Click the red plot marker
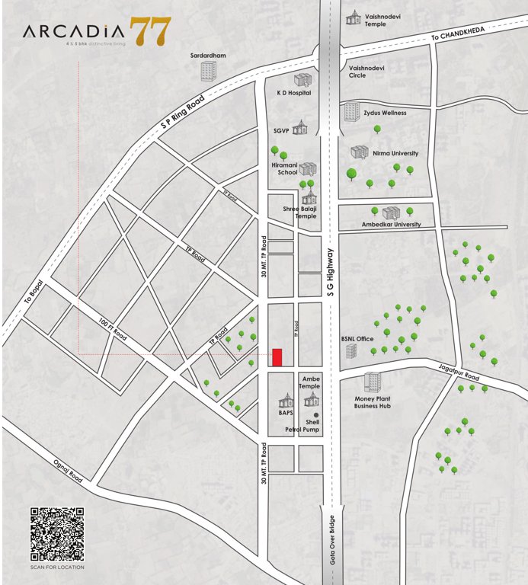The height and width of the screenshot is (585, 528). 277,357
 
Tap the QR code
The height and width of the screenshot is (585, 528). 57,534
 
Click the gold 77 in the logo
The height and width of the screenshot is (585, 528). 150,31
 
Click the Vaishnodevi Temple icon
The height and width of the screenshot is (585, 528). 354,17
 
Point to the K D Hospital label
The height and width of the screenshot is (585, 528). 293,92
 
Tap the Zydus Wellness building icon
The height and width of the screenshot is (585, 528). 351,111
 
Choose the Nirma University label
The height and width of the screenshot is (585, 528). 395,153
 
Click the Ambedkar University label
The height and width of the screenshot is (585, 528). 391,225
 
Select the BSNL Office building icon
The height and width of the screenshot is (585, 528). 351,351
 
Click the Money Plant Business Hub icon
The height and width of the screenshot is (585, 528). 373,382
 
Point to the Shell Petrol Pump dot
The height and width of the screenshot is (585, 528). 316,415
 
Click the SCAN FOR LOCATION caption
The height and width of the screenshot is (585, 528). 57,567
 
